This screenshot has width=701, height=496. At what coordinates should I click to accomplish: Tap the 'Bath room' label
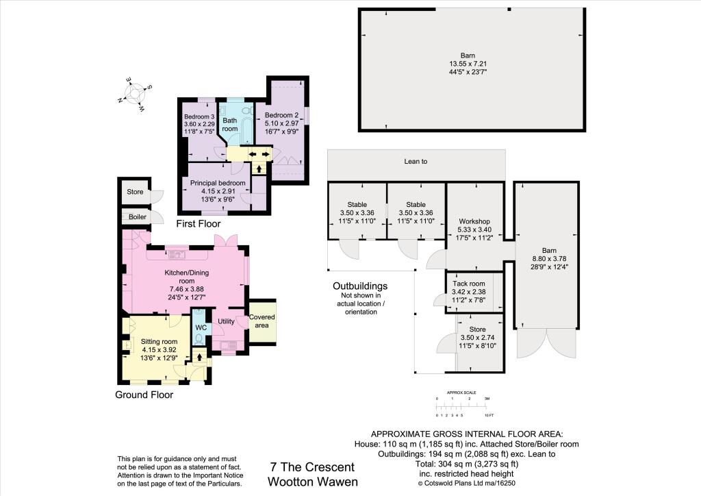click(x=229, y=124)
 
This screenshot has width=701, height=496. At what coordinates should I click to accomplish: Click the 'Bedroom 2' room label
click(x=282, y=114)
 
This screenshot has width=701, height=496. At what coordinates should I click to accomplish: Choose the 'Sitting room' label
click(x=159, y=341)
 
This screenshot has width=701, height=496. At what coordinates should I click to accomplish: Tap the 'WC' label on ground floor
click(x=201, y=327)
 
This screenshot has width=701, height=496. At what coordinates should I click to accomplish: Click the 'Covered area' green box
click(x=262, y=321)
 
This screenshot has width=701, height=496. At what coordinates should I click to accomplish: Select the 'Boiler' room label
click(x=134, y=216)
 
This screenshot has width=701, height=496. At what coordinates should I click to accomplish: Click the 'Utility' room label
click(x=226, y=321)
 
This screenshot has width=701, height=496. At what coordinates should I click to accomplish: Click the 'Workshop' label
click(x=474, y=222)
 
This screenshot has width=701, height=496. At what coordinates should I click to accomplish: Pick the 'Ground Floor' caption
click(x=144, y=395)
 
